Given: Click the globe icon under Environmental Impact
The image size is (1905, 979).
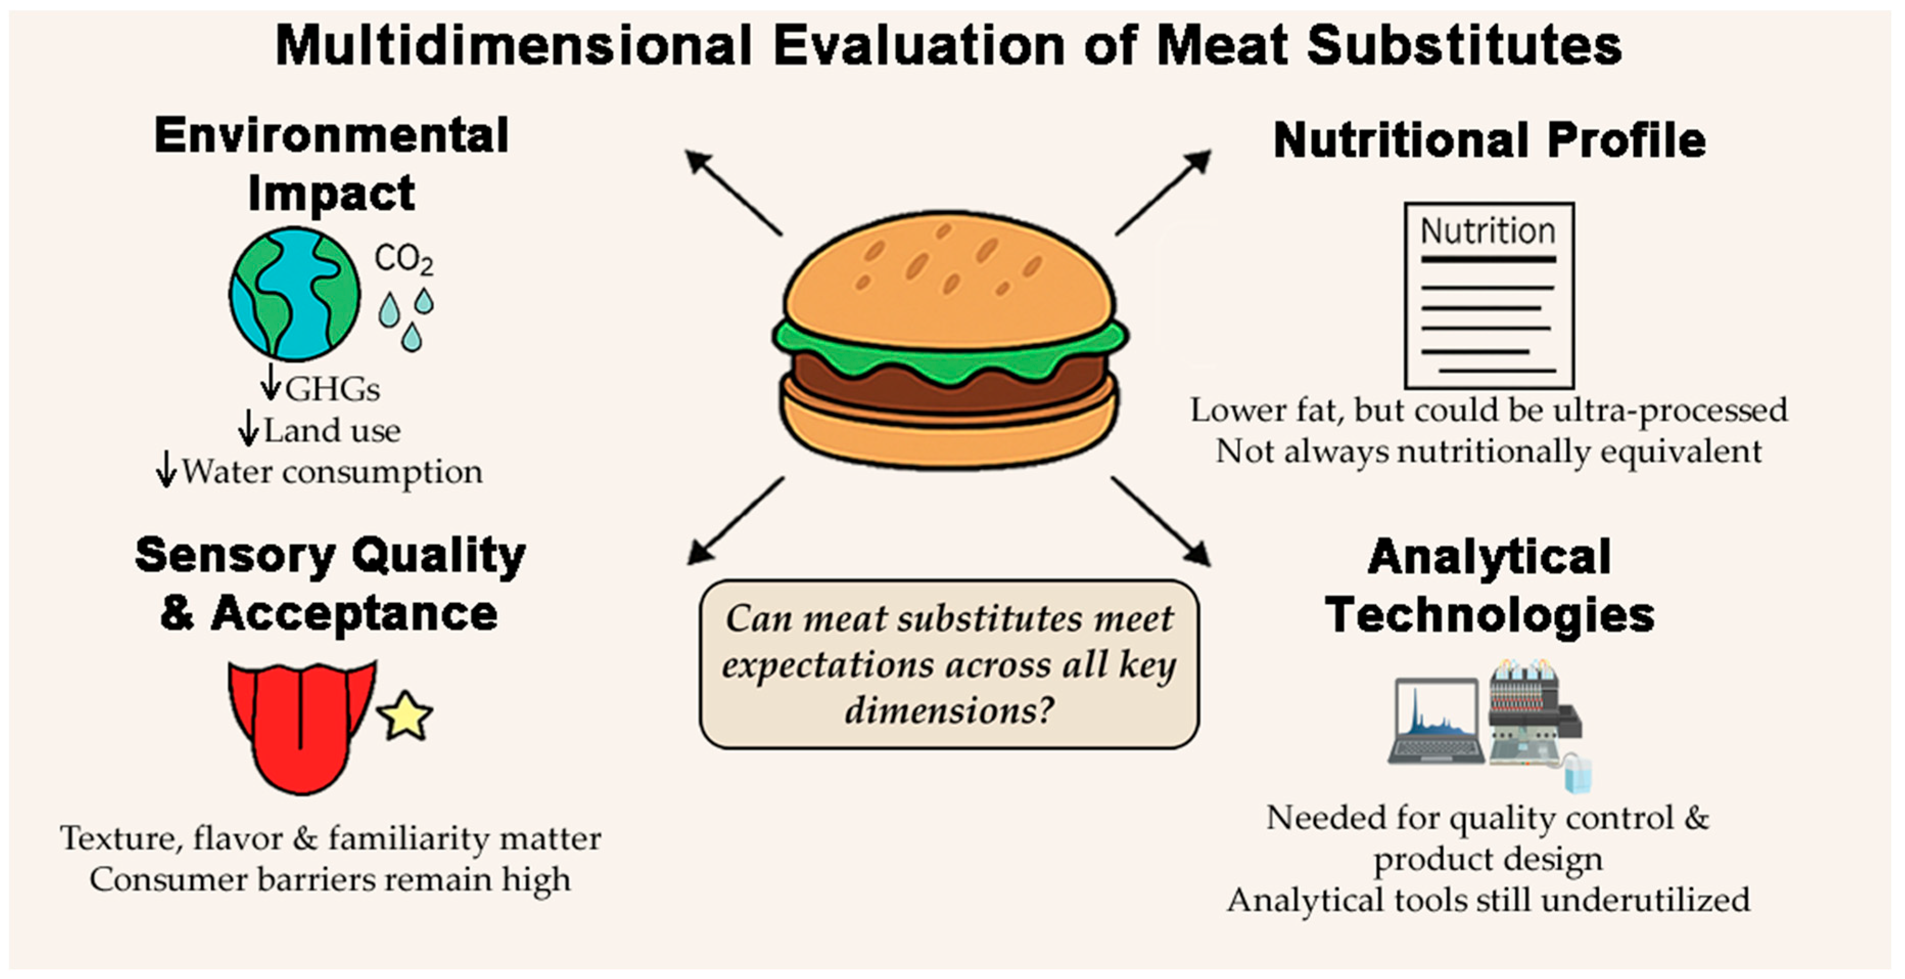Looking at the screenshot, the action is tap(294, 294).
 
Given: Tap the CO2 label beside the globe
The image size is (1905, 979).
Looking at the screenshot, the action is tap(404, 260).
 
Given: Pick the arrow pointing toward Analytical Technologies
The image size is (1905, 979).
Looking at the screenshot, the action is tap(1161, 521).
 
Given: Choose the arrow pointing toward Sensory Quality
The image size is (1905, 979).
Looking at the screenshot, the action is tap(736, 521).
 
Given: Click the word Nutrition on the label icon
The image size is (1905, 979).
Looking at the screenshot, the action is tap(1488, 231).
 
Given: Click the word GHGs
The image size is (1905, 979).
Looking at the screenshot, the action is tap(333, 389).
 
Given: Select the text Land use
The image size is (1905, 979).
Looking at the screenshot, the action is tap(332, 430).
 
